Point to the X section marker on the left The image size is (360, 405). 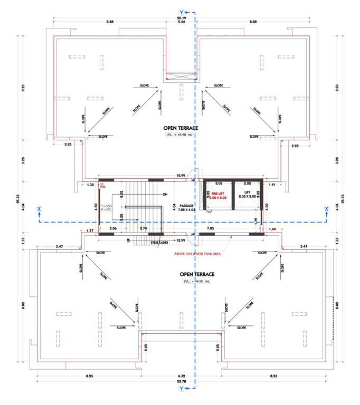(x=39, y=209)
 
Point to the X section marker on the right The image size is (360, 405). (x=326, y=209)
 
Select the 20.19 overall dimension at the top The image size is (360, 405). (x=181, y=16)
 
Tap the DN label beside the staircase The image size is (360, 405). (x=165, y=194)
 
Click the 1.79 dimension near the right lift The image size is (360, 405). (x=257, y=220)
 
